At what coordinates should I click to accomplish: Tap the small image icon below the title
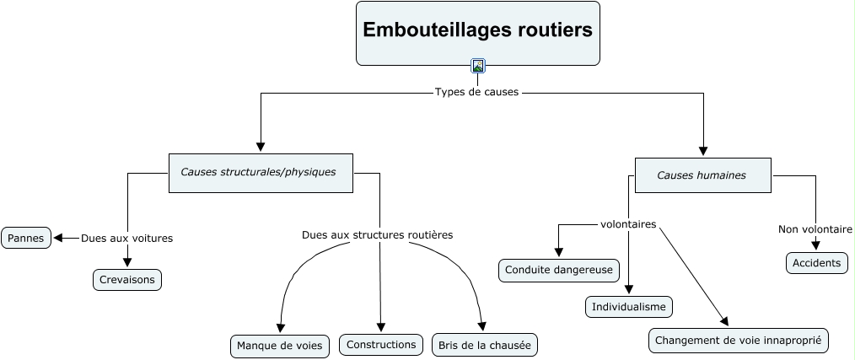[478, 66]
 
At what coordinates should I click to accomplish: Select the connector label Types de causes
[477, 92]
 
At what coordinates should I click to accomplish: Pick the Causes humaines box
[702, 175]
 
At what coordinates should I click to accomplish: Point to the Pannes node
[26, 238]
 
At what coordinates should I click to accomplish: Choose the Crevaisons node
[126, 280]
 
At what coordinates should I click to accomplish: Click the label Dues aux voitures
[126, 239]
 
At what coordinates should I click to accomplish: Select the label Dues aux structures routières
[377, 234]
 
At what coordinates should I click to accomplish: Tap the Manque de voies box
[279, 346]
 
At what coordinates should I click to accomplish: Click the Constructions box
[381, 344]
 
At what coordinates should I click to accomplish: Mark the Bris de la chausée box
[485, 345]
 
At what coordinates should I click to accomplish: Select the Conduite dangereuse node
[559, 270]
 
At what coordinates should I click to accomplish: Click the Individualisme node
[629, 307]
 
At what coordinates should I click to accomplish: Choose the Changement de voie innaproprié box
[739, 340]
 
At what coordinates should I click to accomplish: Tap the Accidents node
[816, 263]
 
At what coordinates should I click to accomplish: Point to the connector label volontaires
[628, 225]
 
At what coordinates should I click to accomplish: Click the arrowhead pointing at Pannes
[59, 239]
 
